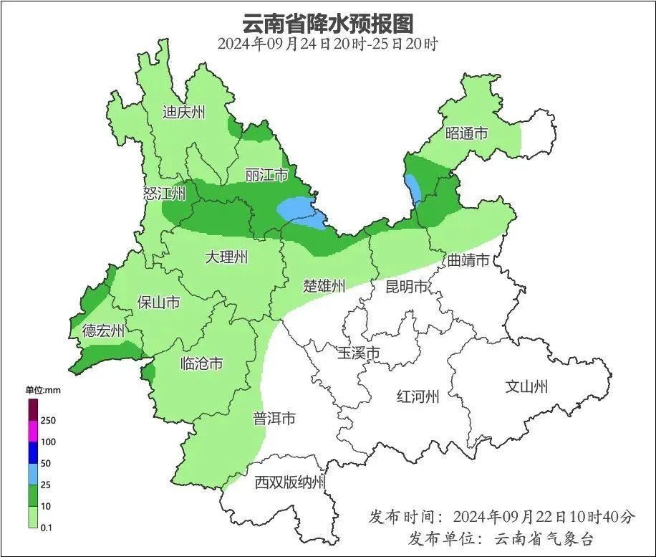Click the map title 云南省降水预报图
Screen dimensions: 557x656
click(327, 23)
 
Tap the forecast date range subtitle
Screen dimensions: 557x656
click(327, 44)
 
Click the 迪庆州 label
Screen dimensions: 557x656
click(183, 112)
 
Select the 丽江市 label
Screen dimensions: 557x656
click(266, 176)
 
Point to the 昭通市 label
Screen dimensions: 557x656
click(466, 133)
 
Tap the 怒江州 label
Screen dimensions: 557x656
click(164, 194)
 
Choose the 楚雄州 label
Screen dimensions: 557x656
click(324, 287)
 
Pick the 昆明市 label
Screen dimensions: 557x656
click(406, 287)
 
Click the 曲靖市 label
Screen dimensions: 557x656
click(468, 260)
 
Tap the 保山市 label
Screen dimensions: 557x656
click(158, 303)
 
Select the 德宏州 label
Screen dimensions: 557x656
click(103, 330)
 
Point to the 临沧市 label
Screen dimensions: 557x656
click(201, 363)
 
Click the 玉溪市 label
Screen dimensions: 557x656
click(358, 353)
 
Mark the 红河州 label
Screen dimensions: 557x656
click(418, 396)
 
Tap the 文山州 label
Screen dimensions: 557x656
click(526, 387)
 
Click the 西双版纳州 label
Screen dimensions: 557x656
click(290, 482)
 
